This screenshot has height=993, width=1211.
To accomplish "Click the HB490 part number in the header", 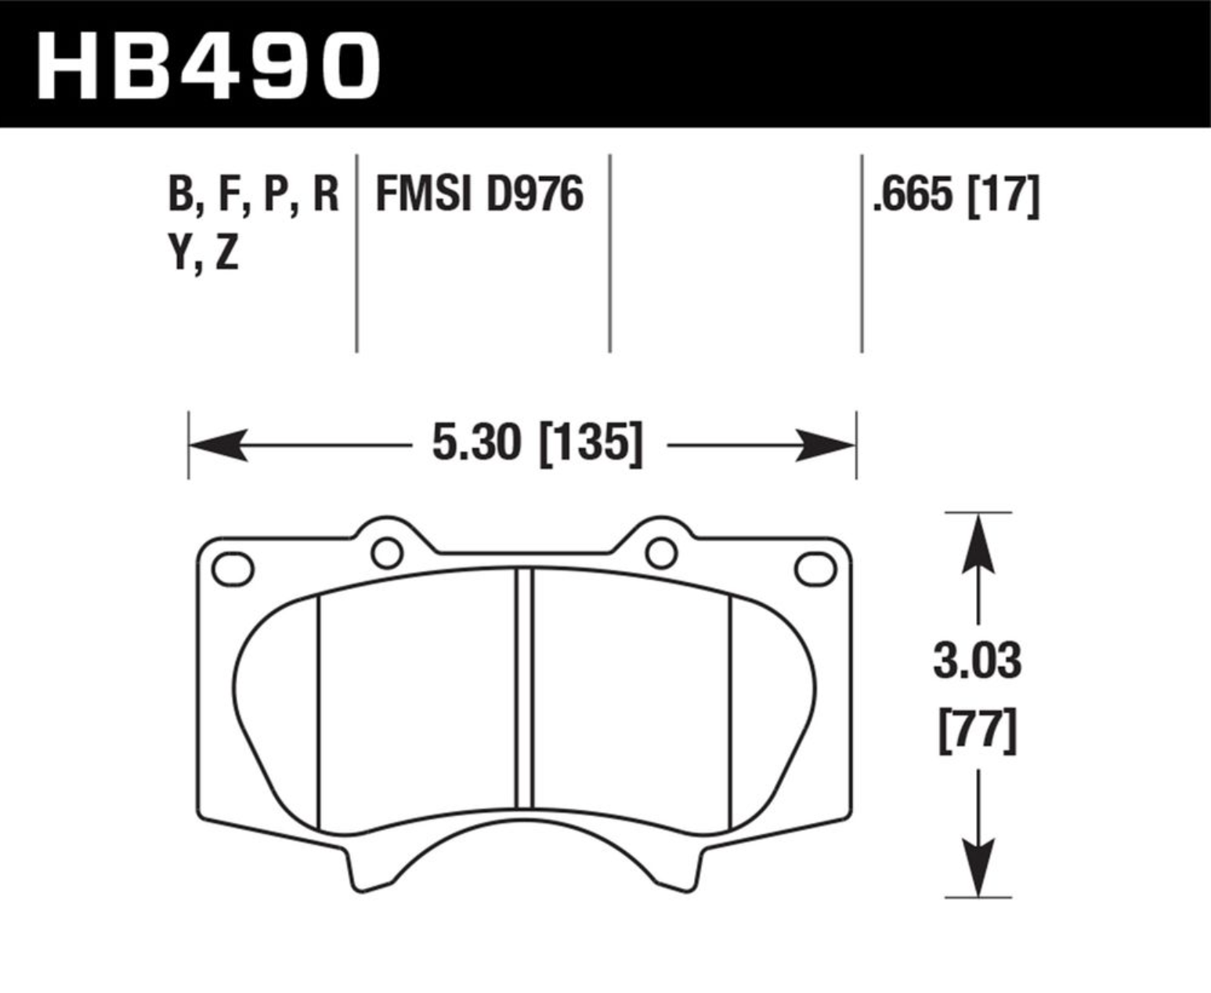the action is coord(208,67).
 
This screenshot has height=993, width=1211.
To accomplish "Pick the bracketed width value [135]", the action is coord(591,444).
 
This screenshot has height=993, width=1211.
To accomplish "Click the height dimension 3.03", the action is coord(978,661).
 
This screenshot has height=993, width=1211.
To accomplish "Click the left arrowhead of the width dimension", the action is coord(219,444).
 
